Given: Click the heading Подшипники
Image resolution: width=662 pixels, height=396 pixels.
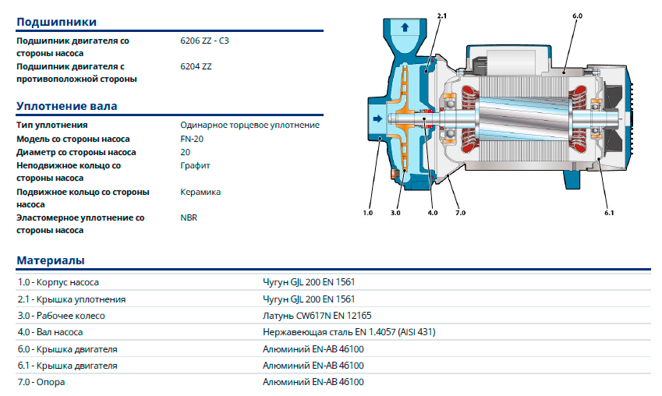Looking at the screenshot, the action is click(x=57, y=22).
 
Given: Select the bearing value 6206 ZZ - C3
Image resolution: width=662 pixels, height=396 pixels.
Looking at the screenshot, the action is click(x=204, y=41).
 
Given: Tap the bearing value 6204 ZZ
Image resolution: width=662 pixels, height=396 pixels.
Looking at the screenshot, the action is click(x=196, y=67).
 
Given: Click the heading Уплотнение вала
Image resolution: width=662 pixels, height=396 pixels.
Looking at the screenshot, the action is click(x=67, y=106).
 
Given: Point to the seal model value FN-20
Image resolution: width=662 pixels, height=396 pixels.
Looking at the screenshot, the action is click(x=192, y=139).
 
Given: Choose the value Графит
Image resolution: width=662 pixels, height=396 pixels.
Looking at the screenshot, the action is click(x=195, y=165).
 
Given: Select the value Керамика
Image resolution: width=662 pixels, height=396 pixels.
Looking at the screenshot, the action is click(x=200, y=192).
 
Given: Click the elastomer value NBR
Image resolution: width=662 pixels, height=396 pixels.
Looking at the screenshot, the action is click(x=189, y=217).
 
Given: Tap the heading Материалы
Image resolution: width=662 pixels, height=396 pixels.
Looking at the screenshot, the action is click(x=51, y=260).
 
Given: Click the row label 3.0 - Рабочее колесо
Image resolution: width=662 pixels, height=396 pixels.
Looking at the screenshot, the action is click(x=62, y=316).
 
